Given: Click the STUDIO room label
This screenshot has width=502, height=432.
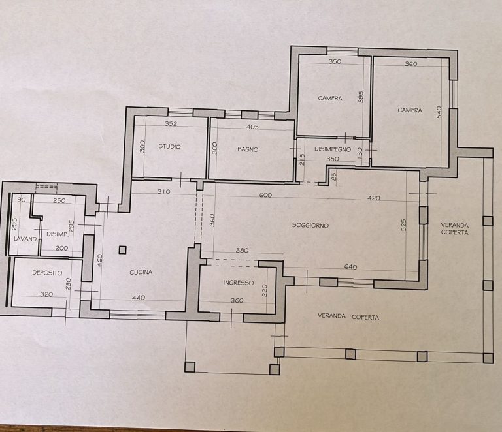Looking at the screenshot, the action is point(170,147).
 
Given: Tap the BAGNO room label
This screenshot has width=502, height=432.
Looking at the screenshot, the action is point(248,149).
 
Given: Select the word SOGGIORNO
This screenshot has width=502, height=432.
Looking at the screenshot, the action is point(310,225).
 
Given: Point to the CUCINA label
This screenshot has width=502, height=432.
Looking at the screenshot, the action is point(141,272).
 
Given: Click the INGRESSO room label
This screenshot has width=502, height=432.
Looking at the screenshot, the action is point(239,283).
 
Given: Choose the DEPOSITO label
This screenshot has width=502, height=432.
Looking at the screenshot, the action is point(47,273).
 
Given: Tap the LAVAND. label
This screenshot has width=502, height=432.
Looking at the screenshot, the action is point(26,239).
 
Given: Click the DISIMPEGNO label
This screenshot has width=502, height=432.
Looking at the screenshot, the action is point(333,149).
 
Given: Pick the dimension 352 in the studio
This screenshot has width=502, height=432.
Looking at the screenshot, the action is point(171,123).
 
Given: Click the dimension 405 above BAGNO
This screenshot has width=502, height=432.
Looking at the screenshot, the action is point(252,127).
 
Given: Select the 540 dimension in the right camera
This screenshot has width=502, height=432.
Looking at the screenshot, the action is point(439,112).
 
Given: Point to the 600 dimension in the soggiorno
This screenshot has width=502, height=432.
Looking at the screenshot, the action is point(266,195).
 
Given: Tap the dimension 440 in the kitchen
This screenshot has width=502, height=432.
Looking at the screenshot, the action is point(139,298).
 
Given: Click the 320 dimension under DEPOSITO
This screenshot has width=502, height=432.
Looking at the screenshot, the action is point(46,294).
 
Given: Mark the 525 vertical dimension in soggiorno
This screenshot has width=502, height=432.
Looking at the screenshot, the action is point(404,225).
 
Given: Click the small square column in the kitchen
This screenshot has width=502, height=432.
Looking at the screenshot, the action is point(122,250).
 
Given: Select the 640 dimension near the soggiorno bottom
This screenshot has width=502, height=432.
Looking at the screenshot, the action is point(350,267).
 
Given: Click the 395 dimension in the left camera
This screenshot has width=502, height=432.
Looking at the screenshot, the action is point(361,97).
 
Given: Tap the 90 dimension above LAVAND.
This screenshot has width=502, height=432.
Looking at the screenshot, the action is point(21,200).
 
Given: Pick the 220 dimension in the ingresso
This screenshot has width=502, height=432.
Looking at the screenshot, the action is point(265,290).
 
